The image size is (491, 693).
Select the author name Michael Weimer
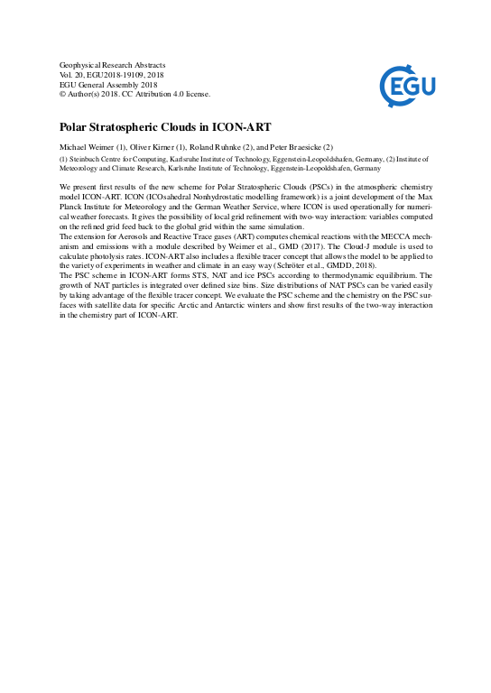(x=88, y=146)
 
